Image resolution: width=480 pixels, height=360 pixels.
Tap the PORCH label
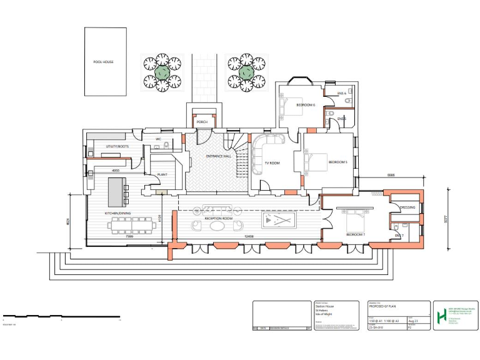click(202, 122)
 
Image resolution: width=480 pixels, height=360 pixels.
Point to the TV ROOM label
click(272, 162)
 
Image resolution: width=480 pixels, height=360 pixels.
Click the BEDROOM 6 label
click(306, 105)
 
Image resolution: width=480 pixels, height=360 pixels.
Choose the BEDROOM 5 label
click(338, 162)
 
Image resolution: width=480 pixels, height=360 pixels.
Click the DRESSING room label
click(407, 207)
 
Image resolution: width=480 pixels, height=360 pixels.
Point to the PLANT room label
click(162, 174)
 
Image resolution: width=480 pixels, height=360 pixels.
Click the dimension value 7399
click(130, 237)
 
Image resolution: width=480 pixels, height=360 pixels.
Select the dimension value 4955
click(116, 170)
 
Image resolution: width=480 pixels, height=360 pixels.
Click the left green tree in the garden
click(162, 72)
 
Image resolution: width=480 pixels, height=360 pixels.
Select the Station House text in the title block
click(324, 306)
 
